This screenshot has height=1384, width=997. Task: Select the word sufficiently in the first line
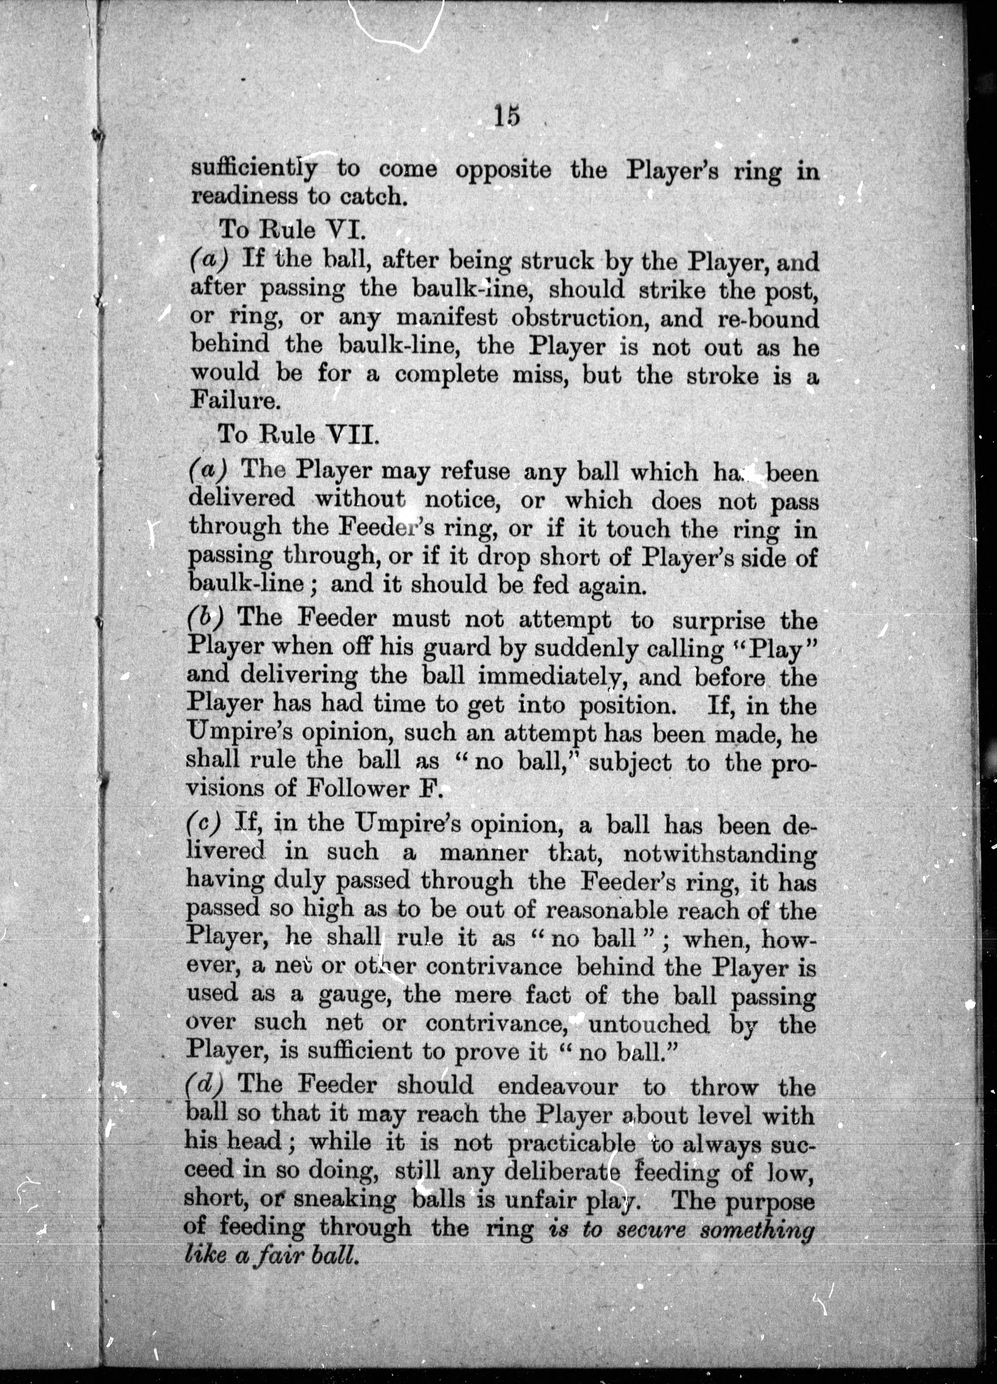tap(254, 169)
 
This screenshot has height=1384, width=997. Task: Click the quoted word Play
tap(774, 649)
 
